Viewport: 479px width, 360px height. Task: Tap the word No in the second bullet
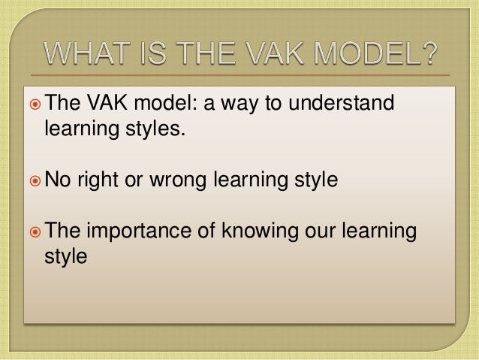coord(56,180)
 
